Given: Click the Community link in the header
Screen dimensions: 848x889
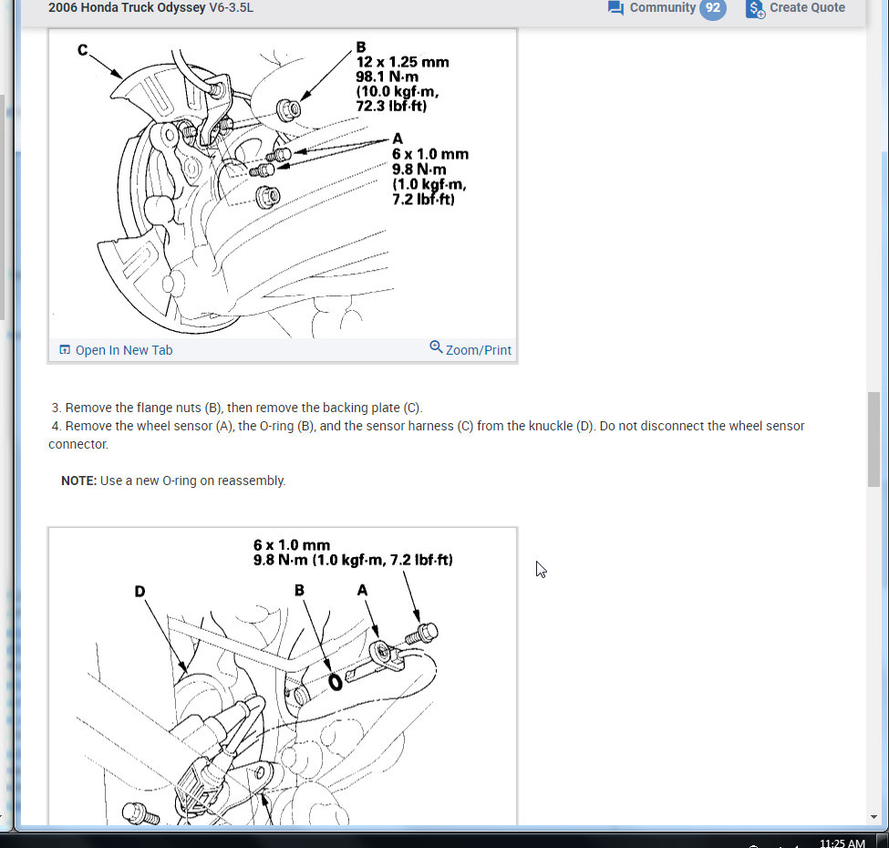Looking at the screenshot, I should coord(662,8).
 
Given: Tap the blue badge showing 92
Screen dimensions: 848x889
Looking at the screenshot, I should coord(713,8).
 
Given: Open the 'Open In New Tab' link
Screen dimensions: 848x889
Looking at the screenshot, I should coord(123,350).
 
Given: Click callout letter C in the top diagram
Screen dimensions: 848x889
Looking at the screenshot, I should coord(83,49).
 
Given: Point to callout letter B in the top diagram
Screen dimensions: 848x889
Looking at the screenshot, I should coord(361,47).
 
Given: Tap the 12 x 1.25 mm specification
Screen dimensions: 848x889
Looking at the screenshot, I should coord(402,62).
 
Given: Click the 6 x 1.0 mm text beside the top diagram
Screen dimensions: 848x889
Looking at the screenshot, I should coord(430,154).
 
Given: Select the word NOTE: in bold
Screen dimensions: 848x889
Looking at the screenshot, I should coord(78,481).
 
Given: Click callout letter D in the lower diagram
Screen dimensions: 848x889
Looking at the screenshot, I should coord(140,591).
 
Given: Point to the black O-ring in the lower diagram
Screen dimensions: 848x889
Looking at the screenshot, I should coord(336,681).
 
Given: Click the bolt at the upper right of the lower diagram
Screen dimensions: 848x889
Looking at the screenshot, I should coord(427,631).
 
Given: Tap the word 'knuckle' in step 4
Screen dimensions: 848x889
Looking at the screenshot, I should coord(550,426).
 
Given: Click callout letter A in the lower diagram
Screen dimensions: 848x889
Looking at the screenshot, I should coord(363,591).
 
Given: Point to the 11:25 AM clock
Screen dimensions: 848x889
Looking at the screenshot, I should coord(842,843).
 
